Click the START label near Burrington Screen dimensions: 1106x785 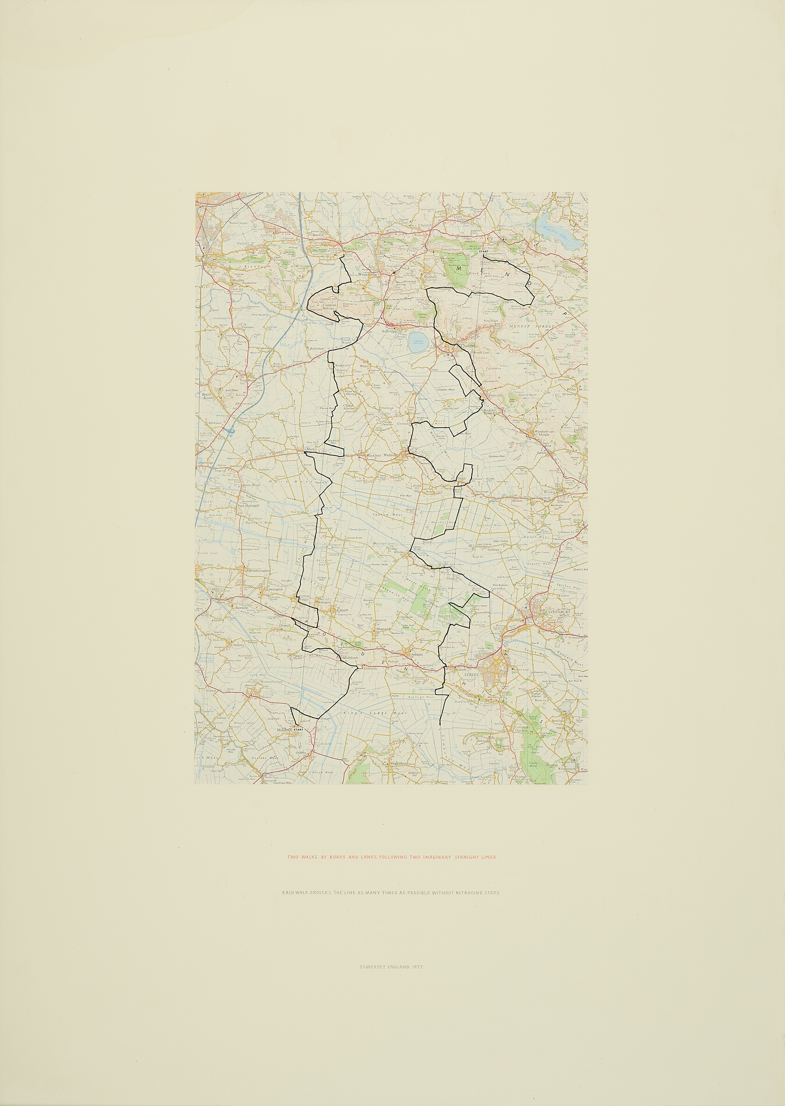[x=484, y=252]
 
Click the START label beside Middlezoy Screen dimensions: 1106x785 [x=298, y=730]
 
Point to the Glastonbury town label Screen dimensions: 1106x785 [x=557, y=612]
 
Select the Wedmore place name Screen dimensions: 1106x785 [x=390, y=455]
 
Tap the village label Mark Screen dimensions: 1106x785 [x=310, y=449]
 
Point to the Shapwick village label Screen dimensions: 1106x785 [x=382, y=629]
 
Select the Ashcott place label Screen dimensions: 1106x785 [x=416, y=654]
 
